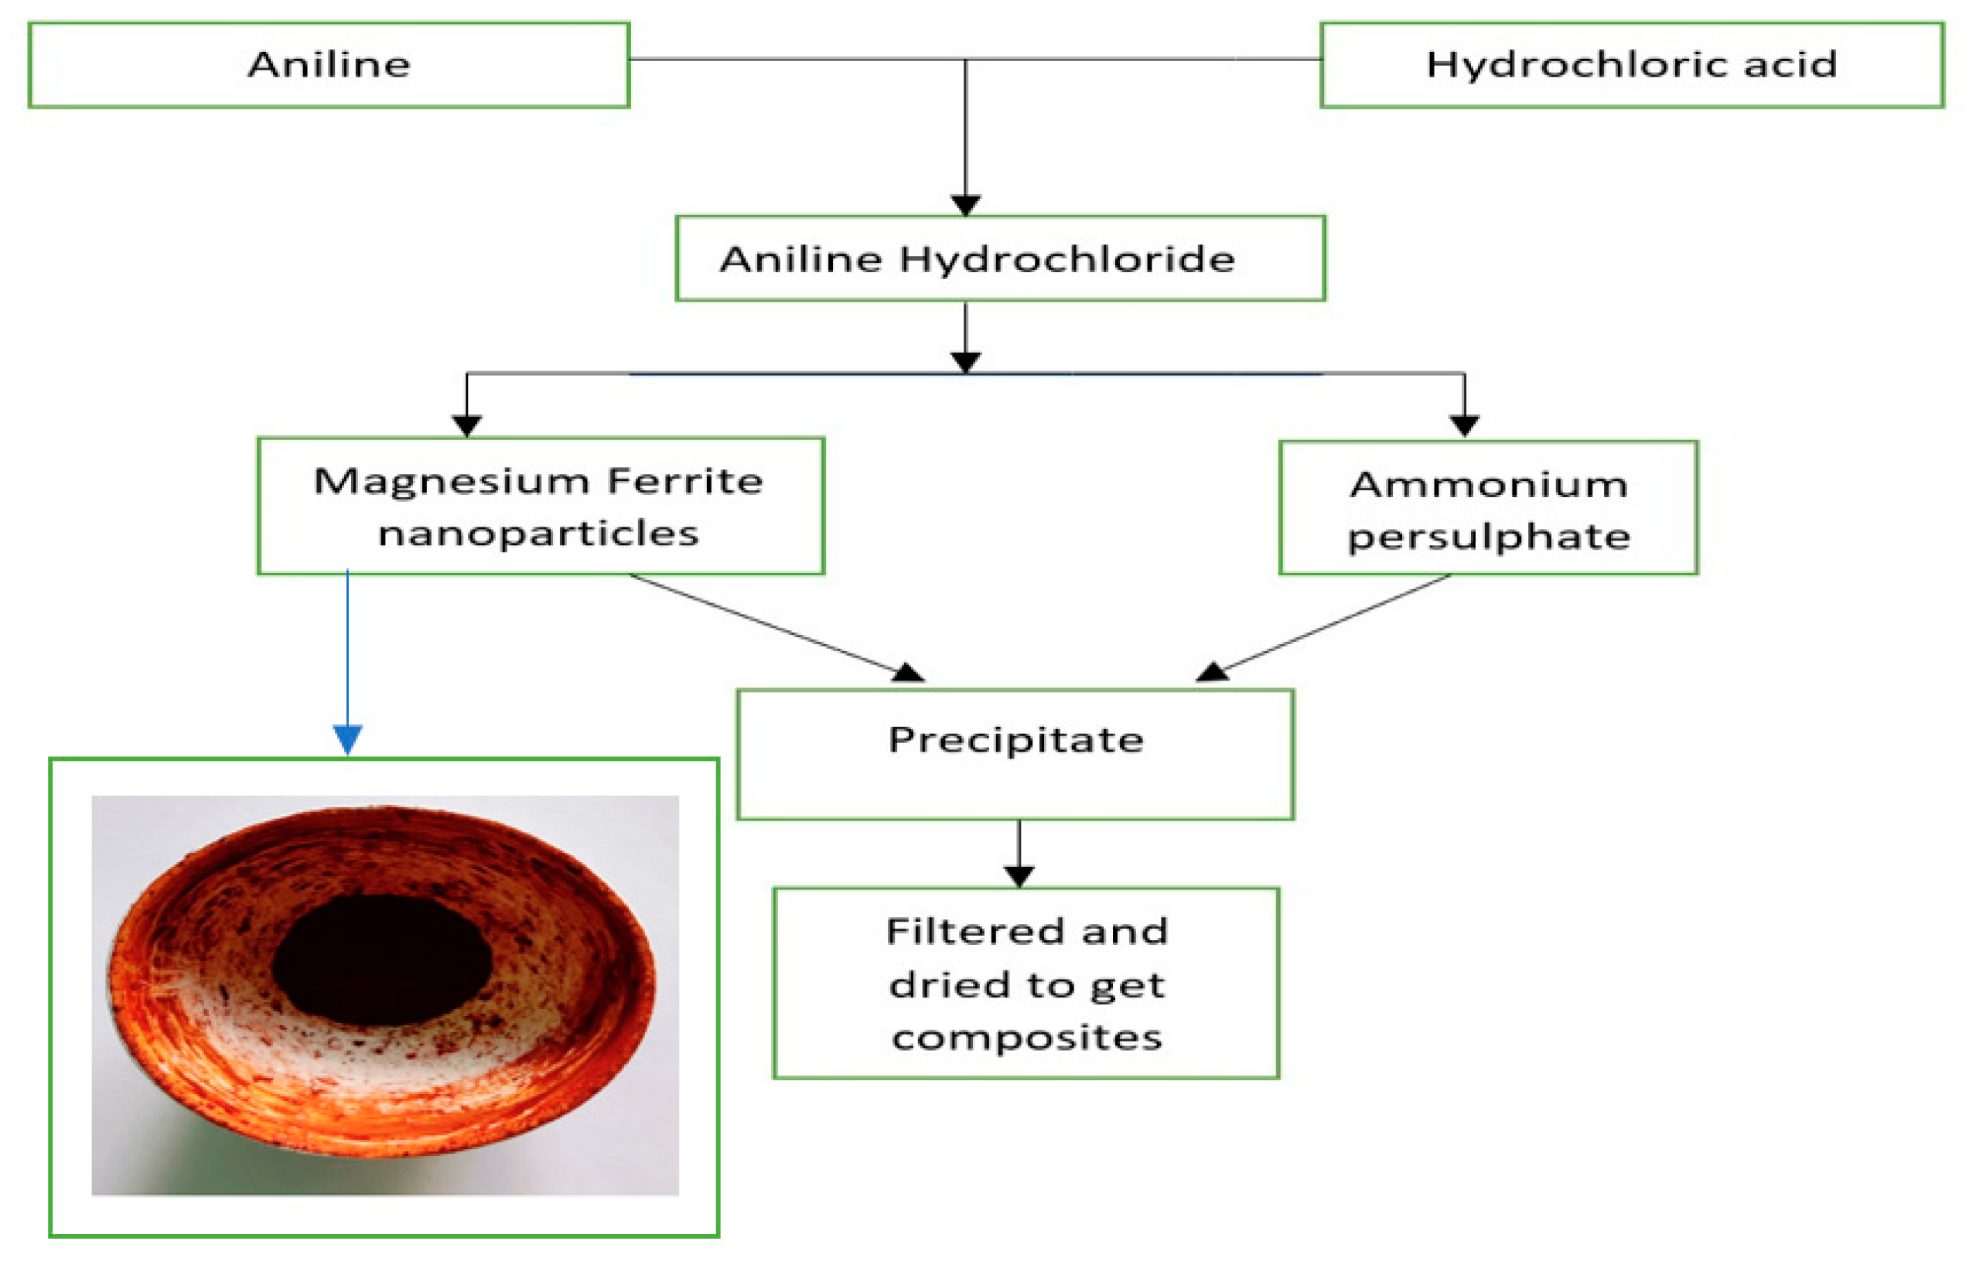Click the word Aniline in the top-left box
[329, 65]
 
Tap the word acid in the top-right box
[1790, 65]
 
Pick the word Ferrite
[685, 482]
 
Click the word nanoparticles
[538, 535]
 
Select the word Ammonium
[1488, 485]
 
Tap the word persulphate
[1488, 538]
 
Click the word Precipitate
[1015, 740]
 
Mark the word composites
[1026, 1038]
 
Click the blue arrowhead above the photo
[347, 738]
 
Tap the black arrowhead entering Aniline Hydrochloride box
[964, 205]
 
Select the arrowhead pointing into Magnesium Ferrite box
[466, 425]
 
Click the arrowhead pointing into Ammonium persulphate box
[1464, 425]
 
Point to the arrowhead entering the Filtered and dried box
[1019, 875]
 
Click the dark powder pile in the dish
[382, 960]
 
